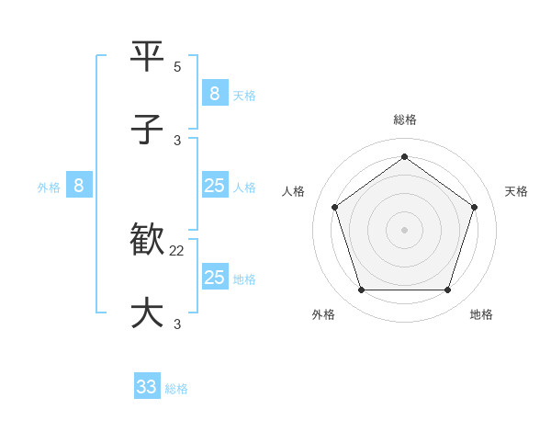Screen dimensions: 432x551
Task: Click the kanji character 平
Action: pos(148,57)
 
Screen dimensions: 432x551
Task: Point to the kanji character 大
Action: pos(148,313)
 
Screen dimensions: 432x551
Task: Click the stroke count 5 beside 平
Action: pos(177,67)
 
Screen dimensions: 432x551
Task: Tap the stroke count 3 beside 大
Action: pos(177,324)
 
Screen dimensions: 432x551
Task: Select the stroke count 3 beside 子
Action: pos(177,140)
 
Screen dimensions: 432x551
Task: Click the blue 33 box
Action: pos(147,387)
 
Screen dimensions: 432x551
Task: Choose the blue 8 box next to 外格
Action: pos(79,186)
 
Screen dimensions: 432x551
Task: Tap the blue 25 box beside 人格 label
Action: pos(215,186)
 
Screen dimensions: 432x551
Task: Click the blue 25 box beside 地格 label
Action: pos(215,277)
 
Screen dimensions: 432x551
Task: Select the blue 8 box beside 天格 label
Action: pos(215,94)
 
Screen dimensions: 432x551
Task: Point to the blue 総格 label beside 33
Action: pos(176,388)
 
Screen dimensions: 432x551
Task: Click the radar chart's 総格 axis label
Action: pos(405,119)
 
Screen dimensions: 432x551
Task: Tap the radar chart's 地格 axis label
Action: pos(481,314)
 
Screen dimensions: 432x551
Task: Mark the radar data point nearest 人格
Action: pos(335,207)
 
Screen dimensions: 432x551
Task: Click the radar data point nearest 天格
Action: pos(475,207)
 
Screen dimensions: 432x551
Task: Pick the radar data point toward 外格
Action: pos(361,290)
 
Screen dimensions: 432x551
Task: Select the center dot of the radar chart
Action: pos(405,230)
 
